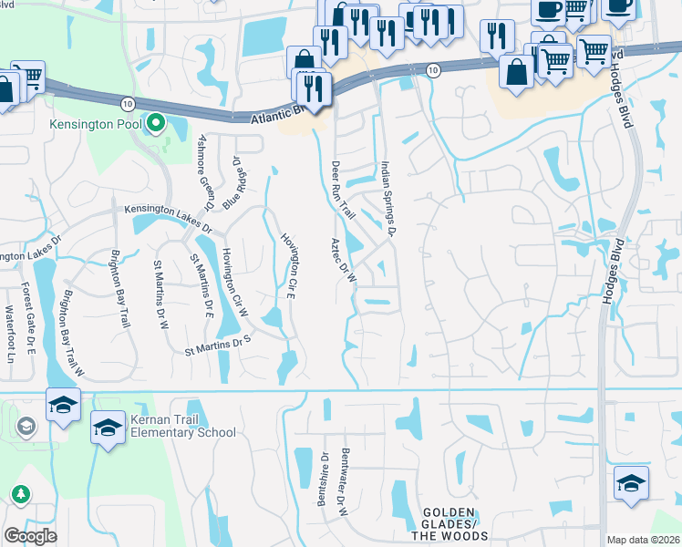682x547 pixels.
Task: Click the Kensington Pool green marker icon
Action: coord(155,121)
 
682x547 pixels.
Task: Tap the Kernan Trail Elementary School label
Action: coord(182,426)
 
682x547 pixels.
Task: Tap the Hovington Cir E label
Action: coord(291,265)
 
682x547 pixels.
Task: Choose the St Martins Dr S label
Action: coord(217,346)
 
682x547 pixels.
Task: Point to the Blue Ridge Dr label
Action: coord(235,181)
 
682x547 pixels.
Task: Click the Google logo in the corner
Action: coord(30,536)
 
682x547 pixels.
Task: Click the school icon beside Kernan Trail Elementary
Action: coord(108,427)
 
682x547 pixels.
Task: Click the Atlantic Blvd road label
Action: coord(273,115)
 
